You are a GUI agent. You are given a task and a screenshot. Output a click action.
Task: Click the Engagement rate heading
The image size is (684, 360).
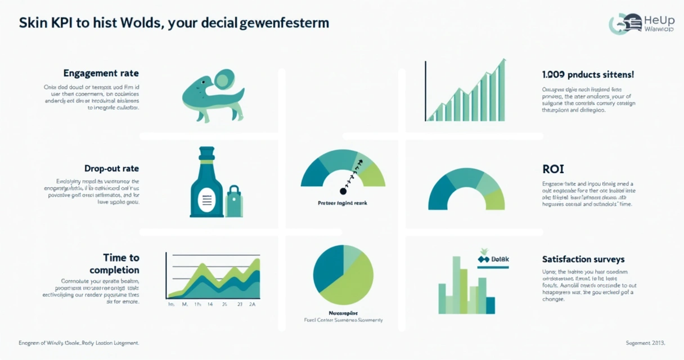pyautogui.click(x=101, y=74)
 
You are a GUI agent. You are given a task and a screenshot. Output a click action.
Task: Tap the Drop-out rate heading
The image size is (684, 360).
pyautogui.click(x=111, y=168)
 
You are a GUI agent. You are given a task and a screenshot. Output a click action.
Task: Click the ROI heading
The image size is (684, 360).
pyautogui.click(x=553, y=169)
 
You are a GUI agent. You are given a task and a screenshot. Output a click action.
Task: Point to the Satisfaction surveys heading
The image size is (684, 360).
pyautogui.click(x=583, y=259)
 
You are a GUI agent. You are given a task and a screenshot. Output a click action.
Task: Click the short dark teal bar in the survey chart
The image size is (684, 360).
pyautogui.click(x=490, y=305)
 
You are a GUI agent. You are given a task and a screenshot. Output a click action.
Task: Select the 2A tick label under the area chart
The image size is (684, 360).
pyautogui.click(x=252, y=304)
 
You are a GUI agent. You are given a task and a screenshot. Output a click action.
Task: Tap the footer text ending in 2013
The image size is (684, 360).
pyautogui.click(x=645, y=343)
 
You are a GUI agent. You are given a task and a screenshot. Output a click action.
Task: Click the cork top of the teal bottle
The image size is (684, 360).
pyautogui.click(x=206, y=152)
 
